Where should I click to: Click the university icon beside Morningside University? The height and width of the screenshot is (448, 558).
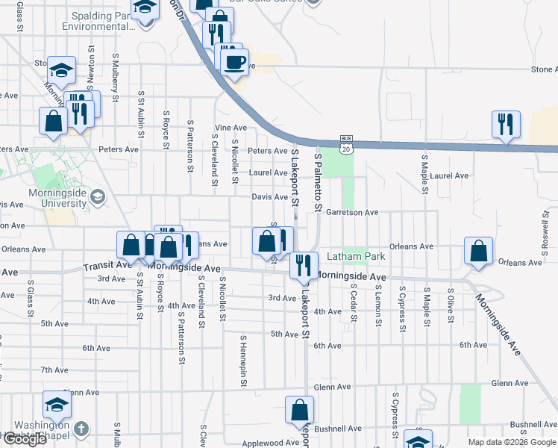coord(96,197)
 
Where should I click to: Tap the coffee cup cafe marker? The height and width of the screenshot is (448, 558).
coord(234,63)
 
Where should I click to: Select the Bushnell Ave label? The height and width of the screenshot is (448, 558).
coord(338,429)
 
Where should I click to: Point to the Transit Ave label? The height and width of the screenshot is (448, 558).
coord(107,266)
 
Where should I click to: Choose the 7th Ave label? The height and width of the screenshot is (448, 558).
coord(54,370)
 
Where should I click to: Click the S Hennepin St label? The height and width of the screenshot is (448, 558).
coord(242,361)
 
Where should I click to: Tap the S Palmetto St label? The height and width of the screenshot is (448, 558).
coord(318,183)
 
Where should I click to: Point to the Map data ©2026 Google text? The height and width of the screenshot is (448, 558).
coord(511,442)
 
